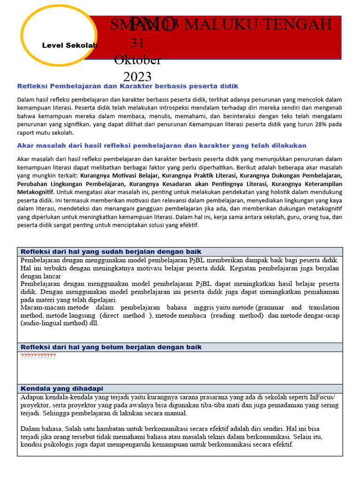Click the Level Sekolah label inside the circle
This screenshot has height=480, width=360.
pos(69,45)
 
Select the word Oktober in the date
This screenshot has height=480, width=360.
pos(137,60)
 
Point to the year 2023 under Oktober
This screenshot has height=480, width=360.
pos(137,76)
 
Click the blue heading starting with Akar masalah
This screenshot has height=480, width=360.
pos(161,145)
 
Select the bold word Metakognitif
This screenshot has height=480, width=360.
pos(36,192)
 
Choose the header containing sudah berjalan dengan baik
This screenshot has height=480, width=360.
pos(111,252)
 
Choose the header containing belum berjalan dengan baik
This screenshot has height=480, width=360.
pos(111,347)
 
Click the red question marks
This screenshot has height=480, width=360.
pos(38,356)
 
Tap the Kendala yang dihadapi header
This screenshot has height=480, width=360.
pos(62,389)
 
